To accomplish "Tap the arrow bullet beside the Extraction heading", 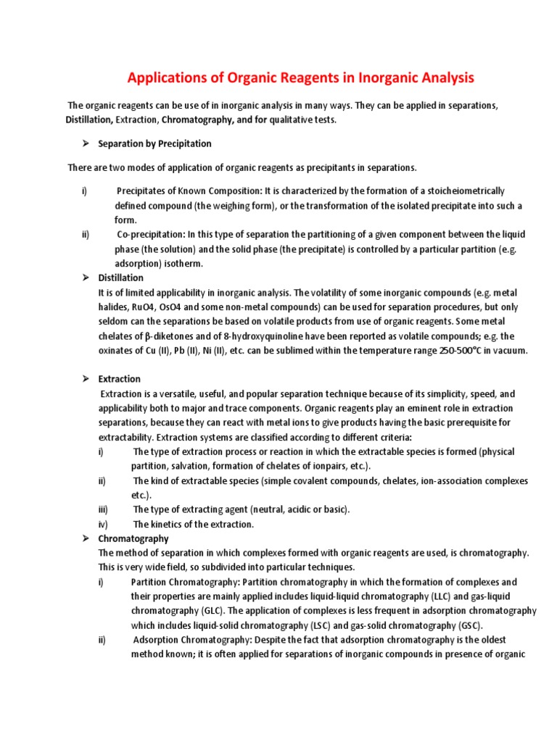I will click(84, 379).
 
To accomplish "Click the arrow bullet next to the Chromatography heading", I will click(84, 538).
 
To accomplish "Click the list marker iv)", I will click(102, 524).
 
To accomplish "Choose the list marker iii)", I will click(102, 509).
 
